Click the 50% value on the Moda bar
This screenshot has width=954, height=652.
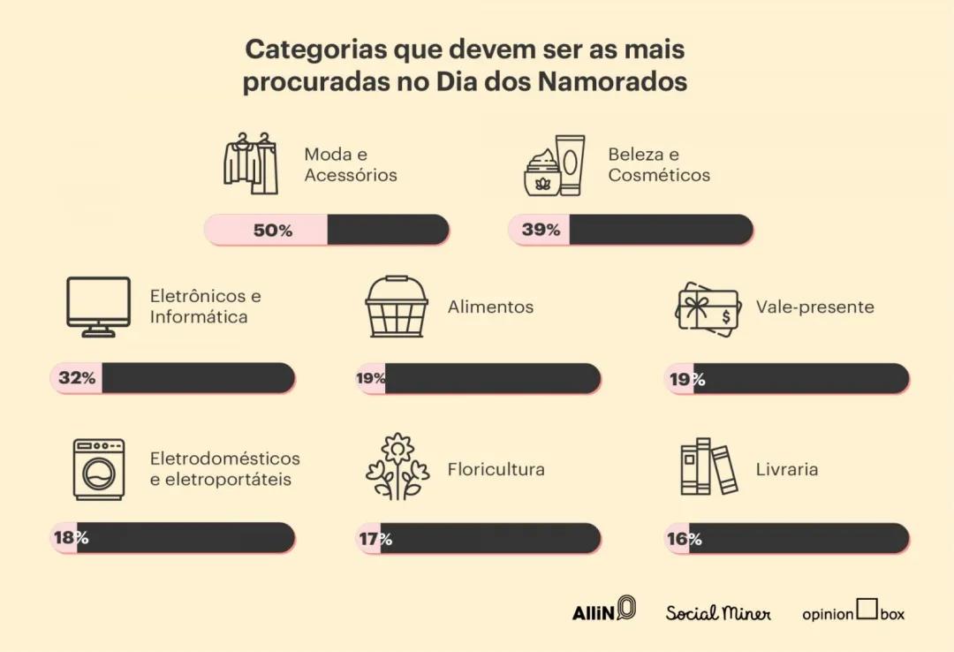pos(272,231)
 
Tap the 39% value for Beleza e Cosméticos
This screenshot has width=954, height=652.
pos(541,230)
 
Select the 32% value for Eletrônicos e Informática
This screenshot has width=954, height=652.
pos(77,378)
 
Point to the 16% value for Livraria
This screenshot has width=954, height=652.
pos(684,539)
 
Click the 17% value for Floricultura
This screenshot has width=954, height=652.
pos(375,539)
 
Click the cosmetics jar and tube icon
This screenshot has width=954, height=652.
pos(554,165)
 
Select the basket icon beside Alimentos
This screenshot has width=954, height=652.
pos(397,307)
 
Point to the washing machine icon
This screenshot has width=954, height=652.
pos(99,469)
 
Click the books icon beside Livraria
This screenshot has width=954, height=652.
pos(708,467)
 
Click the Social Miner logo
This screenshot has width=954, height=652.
pos(718,612)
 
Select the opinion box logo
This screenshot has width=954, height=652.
pos(853,611)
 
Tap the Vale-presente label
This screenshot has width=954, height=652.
pos(814,307)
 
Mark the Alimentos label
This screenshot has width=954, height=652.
pos(490,307)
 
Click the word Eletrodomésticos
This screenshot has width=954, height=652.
pos(224,459)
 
